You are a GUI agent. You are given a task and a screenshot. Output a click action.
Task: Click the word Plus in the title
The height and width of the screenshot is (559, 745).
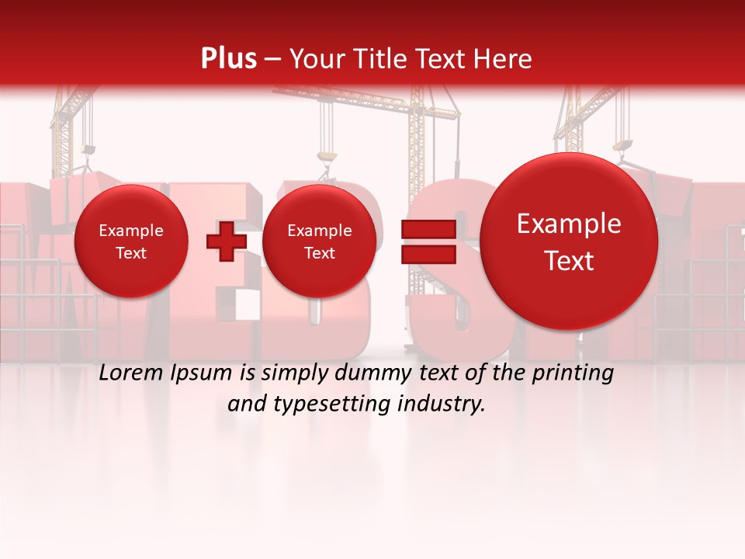[x=228, y=59]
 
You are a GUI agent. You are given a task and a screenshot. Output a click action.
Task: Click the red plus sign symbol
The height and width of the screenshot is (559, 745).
[x=226, y=241]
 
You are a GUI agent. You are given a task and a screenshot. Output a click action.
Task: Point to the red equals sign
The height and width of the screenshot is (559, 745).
[x=428, y=241]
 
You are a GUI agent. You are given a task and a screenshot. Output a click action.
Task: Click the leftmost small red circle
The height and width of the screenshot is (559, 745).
[x=130, y=241]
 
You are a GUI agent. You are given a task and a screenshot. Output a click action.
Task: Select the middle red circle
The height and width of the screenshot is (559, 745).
[x=319, y=241]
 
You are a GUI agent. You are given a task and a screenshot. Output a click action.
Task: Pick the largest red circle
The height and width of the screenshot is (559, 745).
[x=569, y=241]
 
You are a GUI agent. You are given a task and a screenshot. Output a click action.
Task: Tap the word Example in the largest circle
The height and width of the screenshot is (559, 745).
[x=569, y=224]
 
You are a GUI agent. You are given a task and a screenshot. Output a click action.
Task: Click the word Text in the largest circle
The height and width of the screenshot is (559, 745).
[x=569, y=261]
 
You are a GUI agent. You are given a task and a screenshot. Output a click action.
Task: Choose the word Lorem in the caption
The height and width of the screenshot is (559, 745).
[x=132, y=373]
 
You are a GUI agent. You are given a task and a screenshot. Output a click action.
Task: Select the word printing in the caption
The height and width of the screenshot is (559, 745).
[x=571, y=373]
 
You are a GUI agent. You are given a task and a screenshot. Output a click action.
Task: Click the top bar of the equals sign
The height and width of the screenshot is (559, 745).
[x=428, y=229]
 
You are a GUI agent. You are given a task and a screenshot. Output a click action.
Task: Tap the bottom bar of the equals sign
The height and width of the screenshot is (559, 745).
[x=428, y=253]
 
